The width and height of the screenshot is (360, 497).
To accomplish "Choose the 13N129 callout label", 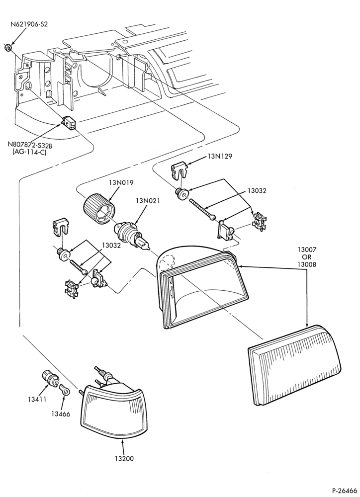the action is click(220, 156).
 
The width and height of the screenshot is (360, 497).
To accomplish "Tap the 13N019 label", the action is click(122, 183).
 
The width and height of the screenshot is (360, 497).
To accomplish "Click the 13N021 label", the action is click(148, 201).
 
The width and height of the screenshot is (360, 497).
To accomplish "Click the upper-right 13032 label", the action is click(257, 191).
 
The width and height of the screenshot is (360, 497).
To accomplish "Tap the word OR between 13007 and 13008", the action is click(306, 257).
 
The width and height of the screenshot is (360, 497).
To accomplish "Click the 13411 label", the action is click(37, 399).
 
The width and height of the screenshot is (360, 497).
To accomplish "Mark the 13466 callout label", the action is click(60, 414).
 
